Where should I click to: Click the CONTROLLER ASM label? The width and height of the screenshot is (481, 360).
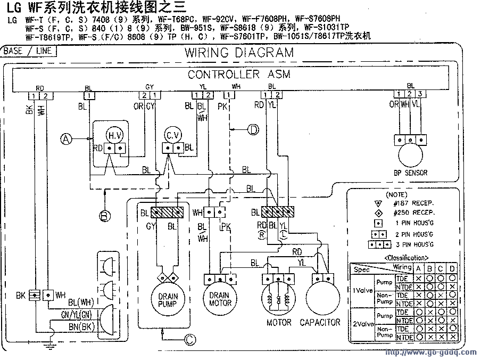click(239, 75)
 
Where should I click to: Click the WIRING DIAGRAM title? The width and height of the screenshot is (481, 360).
click(239, 53)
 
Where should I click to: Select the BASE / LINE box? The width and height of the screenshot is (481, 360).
click(27, 51)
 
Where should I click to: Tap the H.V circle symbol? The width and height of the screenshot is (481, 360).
click(115, 135)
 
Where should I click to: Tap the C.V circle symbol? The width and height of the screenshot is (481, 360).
click(172, 134)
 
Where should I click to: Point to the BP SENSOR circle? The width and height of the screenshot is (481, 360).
click(410, 156)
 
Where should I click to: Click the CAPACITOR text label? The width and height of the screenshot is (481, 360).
click(320, 323)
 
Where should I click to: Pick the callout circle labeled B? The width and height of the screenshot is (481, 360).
click(105, 215)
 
